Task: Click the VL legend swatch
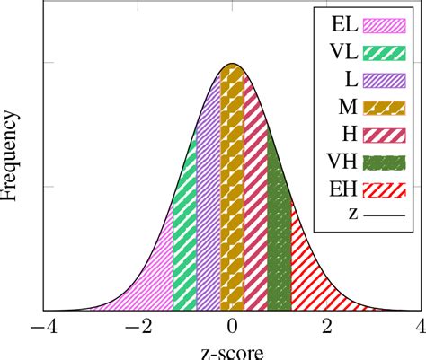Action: [x=384, y=52]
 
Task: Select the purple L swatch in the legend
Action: [x=384, y=80]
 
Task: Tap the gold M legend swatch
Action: [x=384, y=108]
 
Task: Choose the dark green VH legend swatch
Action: [x=384, y=162]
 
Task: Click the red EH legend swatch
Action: [x=384, y=189]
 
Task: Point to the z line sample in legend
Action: [x=384, y=216]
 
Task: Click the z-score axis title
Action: [x=233, y=350]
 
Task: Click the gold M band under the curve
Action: [x=233, y=198]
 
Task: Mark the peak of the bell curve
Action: [x=233, y=64]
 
